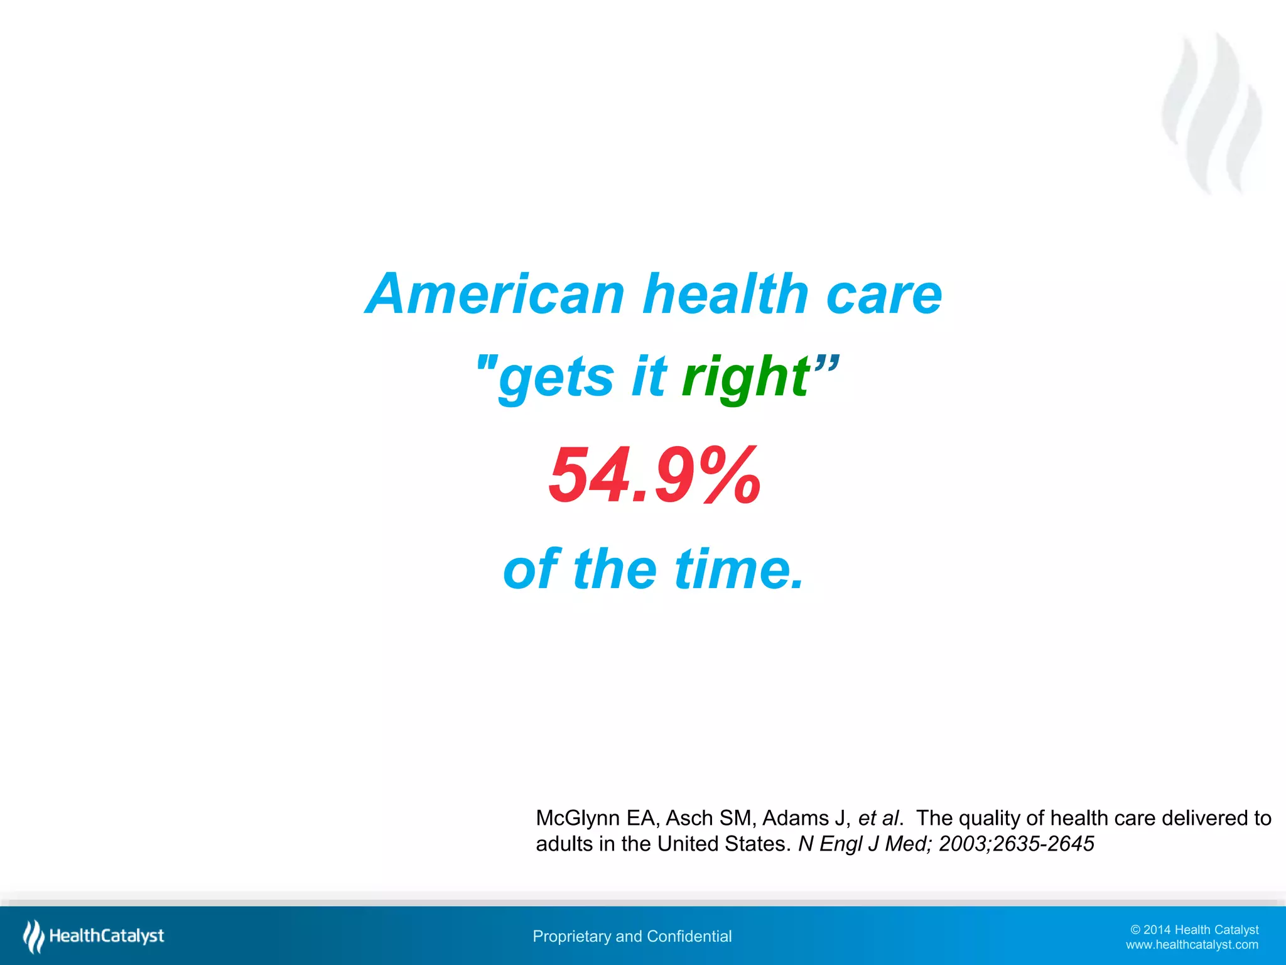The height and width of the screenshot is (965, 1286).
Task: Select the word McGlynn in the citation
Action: click(578, 818)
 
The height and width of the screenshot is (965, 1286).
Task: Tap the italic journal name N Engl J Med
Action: click(863, 844)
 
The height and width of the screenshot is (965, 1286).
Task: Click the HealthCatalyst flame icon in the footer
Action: click(33, 936)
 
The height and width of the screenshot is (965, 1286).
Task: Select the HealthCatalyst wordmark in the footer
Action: click(107, 936)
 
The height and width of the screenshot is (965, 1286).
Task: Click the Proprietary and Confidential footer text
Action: click(632, 936)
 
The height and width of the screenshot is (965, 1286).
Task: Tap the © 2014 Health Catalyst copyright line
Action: click(1194, 930)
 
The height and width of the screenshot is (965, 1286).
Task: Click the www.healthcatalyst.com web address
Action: click(1192, 945)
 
